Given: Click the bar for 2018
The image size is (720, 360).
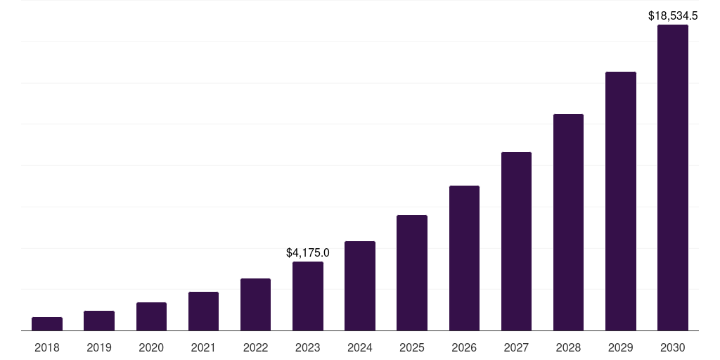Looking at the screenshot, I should click(x=47, y=323).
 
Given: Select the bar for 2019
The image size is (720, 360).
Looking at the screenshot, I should click(x=99, y=321).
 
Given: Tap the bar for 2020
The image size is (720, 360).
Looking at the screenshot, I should click(x=151, y=316).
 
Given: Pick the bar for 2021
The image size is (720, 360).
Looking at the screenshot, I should click(x=203, y=311).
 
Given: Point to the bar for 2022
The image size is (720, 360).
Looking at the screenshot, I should click(x=255, y=304).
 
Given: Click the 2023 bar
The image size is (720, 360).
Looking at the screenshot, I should click(x=308, y=296).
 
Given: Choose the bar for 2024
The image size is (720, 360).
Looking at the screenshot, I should click(x=360, y=285).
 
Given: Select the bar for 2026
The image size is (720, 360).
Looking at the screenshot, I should click(x=464, y=258).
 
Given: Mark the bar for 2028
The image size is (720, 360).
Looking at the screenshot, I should click(x=568, y=222).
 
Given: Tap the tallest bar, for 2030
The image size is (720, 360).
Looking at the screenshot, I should click(x=672, y=178).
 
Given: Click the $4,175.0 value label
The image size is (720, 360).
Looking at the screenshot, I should click(x=308, y=252).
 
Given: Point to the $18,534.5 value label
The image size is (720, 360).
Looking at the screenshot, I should click(x=672, y=15).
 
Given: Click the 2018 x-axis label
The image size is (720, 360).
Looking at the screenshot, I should click(x=47, y=347).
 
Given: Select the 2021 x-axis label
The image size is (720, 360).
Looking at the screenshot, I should click(x=203, y=347).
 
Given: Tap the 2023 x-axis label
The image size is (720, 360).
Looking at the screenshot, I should click(x=308, y=347).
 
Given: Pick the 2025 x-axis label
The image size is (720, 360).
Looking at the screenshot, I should click(x=412, y=347).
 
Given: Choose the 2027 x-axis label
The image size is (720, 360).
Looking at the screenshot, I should click(x=516, y=347).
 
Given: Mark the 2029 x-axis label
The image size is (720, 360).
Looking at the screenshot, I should click(x=620, y=347).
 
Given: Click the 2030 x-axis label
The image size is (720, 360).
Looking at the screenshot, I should click(x=672, y=347).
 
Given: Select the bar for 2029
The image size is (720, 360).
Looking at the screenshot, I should click(x=620, y=201).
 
